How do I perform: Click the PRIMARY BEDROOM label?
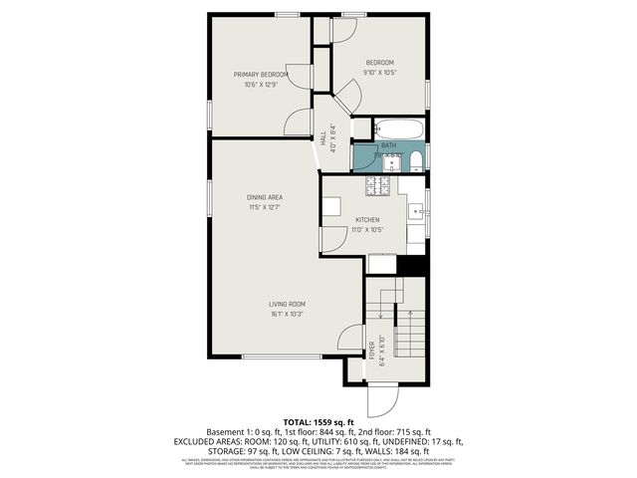261,75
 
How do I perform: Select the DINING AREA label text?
264,197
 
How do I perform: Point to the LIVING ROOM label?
287,304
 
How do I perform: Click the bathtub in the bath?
400,129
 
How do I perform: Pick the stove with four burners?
378,185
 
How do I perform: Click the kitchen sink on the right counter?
418,210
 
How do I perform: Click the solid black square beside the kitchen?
411,266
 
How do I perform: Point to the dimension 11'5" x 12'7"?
264,207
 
